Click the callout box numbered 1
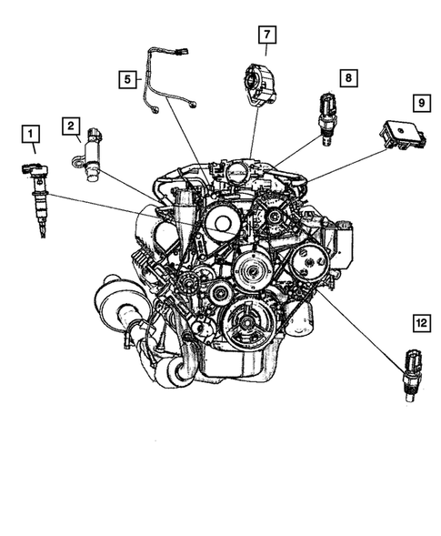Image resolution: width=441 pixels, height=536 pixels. (x=32, y=138)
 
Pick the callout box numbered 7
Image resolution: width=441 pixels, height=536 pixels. (x=266, y=35)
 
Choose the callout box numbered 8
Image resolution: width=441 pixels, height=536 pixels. (x=347, y=78)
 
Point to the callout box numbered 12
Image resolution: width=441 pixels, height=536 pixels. (x=420, y=323)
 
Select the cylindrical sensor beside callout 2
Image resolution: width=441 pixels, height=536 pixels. (x=93, y=159)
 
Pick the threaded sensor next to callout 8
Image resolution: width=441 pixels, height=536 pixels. (x=326, y=116)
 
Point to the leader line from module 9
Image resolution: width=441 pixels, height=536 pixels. (x=346, y=164)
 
